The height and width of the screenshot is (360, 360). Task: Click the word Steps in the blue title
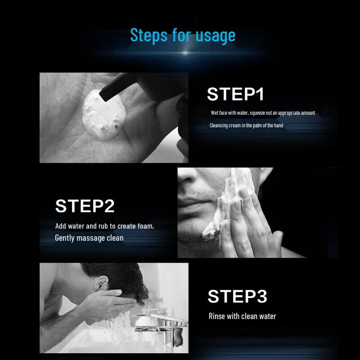[x=149, y=36]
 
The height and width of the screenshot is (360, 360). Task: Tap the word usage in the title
[x=216, y=37]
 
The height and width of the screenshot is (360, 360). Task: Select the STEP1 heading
[x=235, y=94]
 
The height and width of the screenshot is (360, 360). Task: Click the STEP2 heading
[x=85, y=206]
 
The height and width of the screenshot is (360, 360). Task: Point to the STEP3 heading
[x=238, y=296]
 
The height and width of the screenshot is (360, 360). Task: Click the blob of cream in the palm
[x=104, y=115]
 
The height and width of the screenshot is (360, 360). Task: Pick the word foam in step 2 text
[x=145, y=226]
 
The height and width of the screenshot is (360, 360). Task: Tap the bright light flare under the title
[x=185, y=53]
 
